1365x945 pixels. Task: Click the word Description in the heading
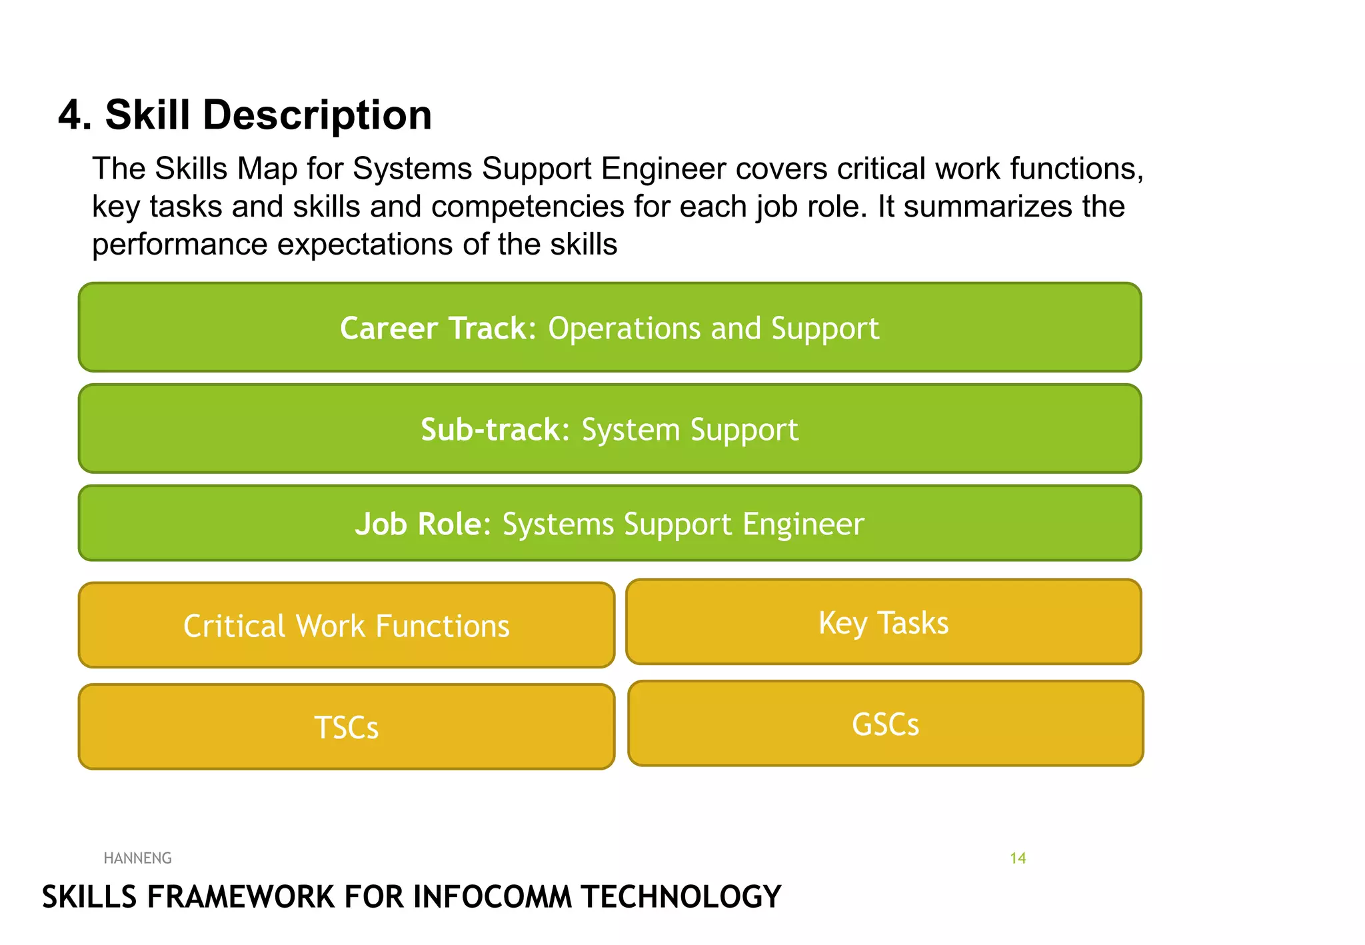pos(317,115)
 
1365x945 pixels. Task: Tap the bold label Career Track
pos(438,328)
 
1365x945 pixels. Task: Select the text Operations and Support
pos(713,328)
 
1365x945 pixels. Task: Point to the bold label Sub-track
pos(495,429)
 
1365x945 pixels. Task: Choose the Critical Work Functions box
pos(347,626)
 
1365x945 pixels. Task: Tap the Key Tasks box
pos(883,622)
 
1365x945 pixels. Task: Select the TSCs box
pos(347,727)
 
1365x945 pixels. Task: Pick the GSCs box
pos(885,724)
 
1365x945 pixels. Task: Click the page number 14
pos(1018,858)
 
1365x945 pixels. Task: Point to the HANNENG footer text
pos(138,858)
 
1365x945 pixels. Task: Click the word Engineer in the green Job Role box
pos(803,524)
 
